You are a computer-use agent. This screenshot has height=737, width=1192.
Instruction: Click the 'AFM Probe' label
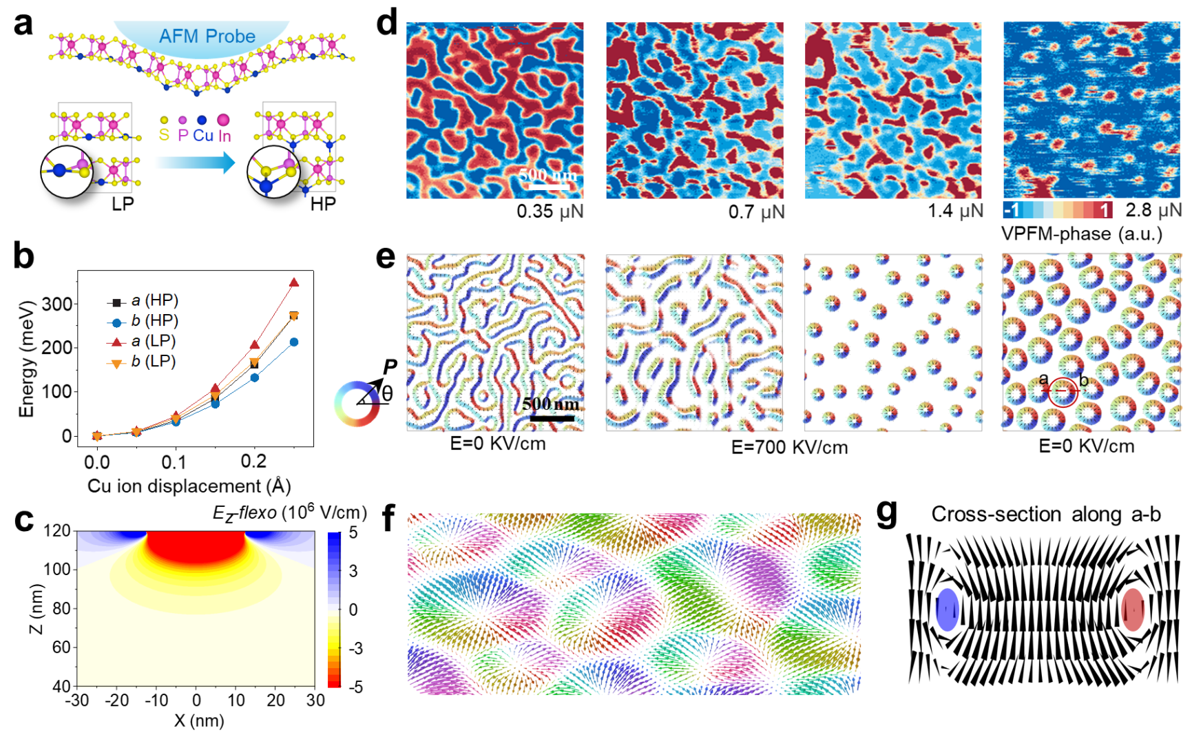click(x=207, y=36)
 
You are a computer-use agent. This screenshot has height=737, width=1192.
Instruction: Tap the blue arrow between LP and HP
click(x=195, y=163)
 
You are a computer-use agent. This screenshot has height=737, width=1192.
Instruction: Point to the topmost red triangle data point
click(x=294, y=282)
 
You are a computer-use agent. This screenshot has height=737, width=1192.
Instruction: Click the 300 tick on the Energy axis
click(x=57, y=304)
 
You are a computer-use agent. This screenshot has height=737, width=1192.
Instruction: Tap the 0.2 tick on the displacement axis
click(x=254, y=461)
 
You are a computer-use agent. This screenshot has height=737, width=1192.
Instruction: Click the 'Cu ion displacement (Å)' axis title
click(x=189, y=486)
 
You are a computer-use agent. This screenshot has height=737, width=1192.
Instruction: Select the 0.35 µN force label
click(x=550, y=211)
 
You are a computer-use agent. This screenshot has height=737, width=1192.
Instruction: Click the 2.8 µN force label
click(x=1153, y=210)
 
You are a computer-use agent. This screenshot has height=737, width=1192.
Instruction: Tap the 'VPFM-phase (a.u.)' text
click(x=1081, y=233)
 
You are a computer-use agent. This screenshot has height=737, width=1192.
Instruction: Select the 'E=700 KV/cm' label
click(x=789, y=447)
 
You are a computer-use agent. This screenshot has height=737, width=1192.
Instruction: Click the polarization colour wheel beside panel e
click(x=357, y=404)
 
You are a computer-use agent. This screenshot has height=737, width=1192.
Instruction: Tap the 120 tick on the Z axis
click(x=58, y=531)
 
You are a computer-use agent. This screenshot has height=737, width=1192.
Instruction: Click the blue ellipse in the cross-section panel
click(x=948, y=610)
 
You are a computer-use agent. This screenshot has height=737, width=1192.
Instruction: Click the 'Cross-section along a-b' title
click(x=1045, y=515)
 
